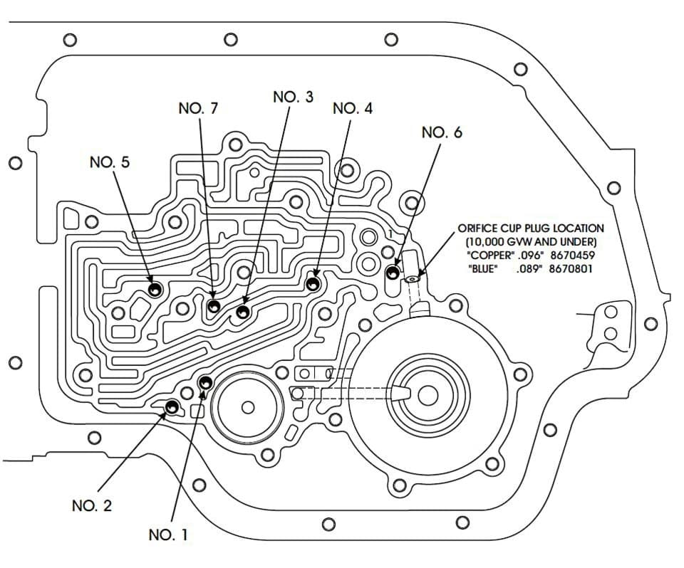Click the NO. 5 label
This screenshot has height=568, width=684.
(110, 162)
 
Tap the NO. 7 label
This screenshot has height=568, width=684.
(198, 108)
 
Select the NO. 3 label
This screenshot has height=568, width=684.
(293, 97)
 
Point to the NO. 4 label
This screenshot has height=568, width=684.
(353, 108)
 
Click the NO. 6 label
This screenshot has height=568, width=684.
(442, 132)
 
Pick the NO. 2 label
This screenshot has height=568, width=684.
(92, 505)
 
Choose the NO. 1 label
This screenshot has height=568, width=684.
(168, 535)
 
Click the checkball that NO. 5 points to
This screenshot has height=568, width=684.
(155, 290)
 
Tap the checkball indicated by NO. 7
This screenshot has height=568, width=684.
(213, 307)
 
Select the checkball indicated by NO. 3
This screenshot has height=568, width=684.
(243, 312)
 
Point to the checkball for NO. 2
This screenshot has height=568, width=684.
(172, 406)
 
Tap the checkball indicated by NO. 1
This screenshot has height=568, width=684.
(205, 383)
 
